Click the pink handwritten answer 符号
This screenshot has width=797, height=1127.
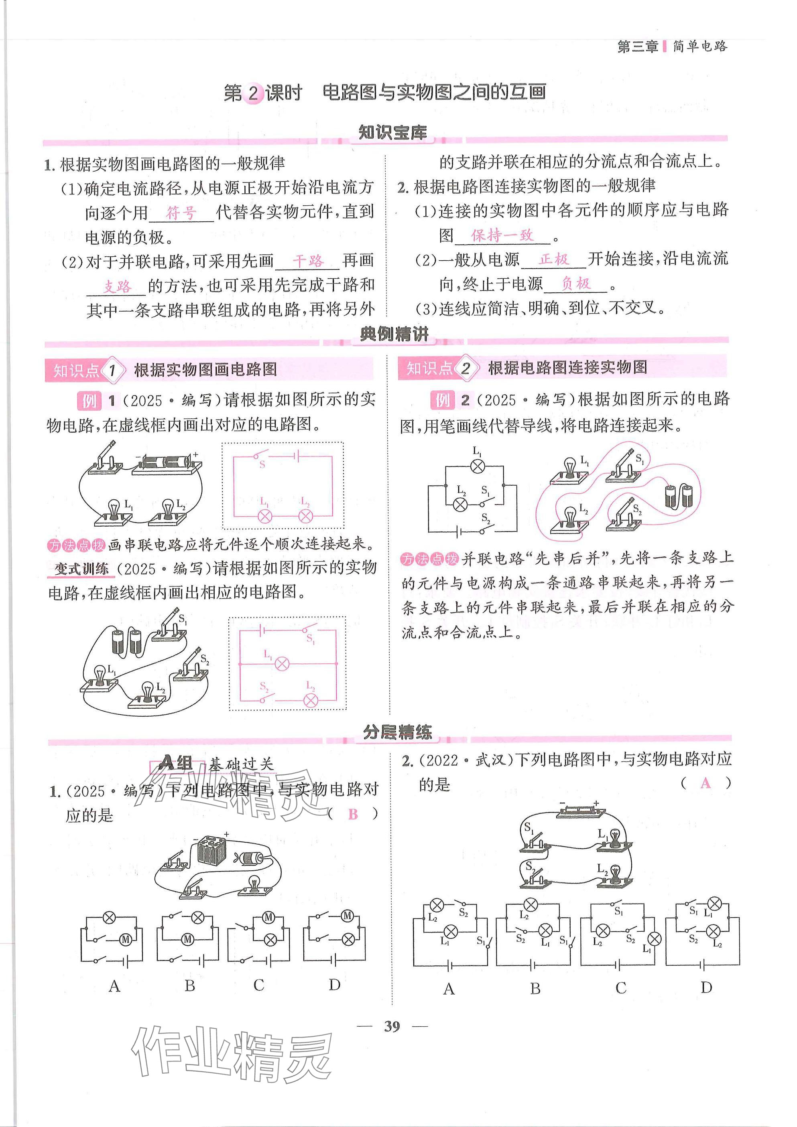coord(181,213)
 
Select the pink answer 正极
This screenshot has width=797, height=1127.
coord(553,259)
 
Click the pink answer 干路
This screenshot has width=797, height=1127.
coord(308,261)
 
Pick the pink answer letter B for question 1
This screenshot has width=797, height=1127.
coord(353,814)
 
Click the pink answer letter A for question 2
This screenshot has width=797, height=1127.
coord(705,783)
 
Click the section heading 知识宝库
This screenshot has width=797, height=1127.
coord(392,132)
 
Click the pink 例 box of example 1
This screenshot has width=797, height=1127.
coord(89,401)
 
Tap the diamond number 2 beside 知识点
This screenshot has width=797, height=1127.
coord(465,368)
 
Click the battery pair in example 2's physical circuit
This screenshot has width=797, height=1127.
coord(679,496)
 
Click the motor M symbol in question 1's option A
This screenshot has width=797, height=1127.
coord(125,939)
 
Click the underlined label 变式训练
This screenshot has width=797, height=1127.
coord(81,569)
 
